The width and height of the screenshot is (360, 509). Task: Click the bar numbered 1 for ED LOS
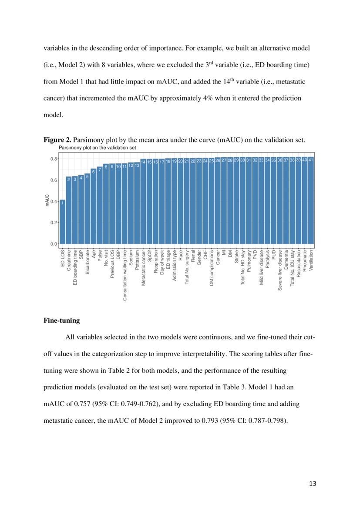pos(62,222)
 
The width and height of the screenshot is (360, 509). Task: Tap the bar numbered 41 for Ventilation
pos(310,200)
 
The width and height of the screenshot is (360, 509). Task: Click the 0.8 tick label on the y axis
pos(54,159)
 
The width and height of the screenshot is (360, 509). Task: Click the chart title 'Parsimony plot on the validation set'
pos(97,148)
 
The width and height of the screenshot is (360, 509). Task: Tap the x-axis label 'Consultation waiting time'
pos(125,275)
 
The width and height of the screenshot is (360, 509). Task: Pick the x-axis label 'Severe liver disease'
pos(280,270)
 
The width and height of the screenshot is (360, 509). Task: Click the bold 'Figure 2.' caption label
pos(57,140)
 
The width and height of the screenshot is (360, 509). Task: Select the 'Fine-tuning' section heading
pos(61,320)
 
